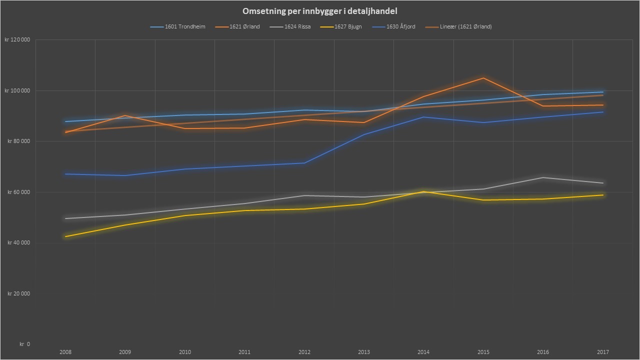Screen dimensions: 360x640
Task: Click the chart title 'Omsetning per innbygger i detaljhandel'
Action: tap(320, 11)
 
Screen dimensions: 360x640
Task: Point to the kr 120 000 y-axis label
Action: tap(17, 40)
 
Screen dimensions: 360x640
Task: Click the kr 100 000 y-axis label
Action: tap(17, 90)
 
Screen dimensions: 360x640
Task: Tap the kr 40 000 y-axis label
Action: tap(18, 243)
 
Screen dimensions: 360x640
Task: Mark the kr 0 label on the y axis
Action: tap(24, 344)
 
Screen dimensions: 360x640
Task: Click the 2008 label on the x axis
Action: tap(65, 352)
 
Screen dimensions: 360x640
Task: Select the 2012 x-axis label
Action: tap(304, 352)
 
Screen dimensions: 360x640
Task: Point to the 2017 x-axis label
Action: tap(602, 352)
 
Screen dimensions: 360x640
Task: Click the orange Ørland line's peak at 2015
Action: tap(483, 78)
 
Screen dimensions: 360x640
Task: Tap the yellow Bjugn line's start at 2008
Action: tap(65, 236)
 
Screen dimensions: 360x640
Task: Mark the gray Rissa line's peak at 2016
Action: tap(543, 177)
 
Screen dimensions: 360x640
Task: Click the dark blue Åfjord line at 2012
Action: tap(304, 163)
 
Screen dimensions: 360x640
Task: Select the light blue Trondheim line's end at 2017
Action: tap(602, 92)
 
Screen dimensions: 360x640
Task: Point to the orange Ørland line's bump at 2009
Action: tap(125, 115)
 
